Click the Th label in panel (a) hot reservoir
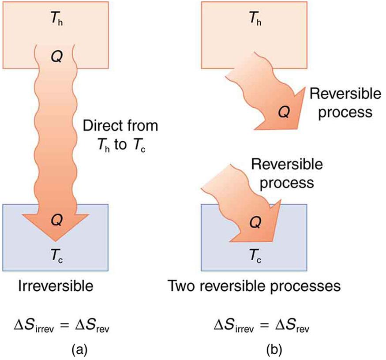pyautogui.click(x=56, y=20)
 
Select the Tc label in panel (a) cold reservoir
pyautogui.click(x=56, y=255)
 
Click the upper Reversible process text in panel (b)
pyautogui.click(x=340, y=103)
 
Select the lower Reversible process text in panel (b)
pyautogui.click(x=287, y=172)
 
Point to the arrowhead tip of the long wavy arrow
pyautogui.click(x=56, y=240)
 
